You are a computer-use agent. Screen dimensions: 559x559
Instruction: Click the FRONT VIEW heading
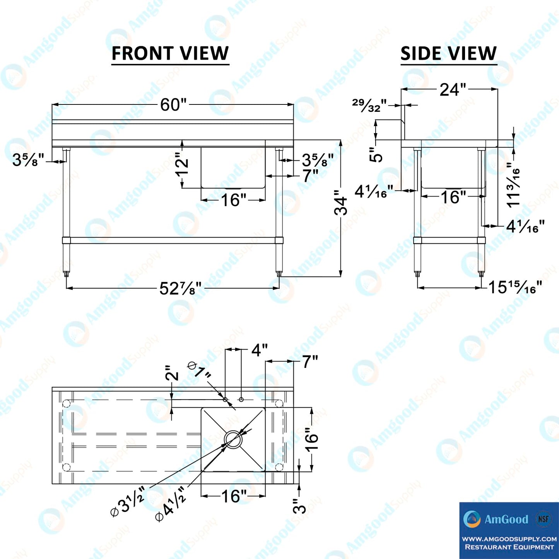(170, 53)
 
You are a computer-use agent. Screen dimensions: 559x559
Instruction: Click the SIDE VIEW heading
(448, 53)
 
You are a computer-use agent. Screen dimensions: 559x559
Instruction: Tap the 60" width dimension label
(173, 105)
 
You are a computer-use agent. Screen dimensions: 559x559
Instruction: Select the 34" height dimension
(340, 206)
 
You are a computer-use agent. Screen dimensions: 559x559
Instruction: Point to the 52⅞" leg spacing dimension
(180, 289)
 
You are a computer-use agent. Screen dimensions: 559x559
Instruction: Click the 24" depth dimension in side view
(453, 90)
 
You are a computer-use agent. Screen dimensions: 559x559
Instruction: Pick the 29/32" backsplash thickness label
(369, 105)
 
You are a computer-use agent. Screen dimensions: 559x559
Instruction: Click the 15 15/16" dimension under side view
(515, 287)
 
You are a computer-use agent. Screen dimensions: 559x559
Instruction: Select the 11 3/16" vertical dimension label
(513, 185)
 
